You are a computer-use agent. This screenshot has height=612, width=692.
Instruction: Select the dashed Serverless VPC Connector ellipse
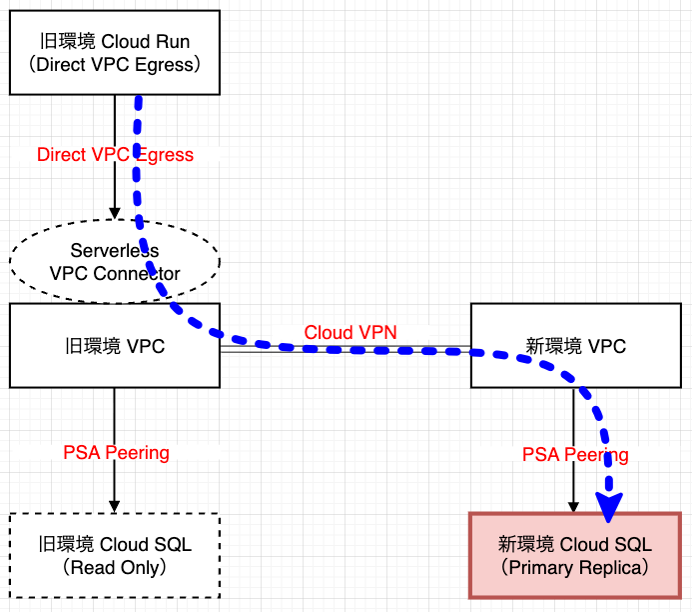tap(60, 262)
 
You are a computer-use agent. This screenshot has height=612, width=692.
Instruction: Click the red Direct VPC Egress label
tap(115, 155)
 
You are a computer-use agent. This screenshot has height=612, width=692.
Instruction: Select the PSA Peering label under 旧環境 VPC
tap(116, 453)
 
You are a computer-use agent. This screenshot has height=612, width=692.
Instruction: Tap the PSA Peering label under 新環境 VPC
tap(575, 455)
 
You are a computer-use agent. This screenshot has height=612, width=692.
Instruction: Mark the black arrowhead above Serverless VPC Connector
tap(115, 212)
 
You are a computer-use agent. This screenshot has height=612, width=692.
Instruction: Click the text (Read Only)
tap(114, 568)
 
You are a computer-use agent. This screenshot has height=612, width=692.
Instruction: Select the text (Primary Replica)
tap(575, 568)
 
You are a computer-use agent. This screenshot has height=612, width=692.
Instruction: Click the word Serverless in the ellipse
tap(115, 250)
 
